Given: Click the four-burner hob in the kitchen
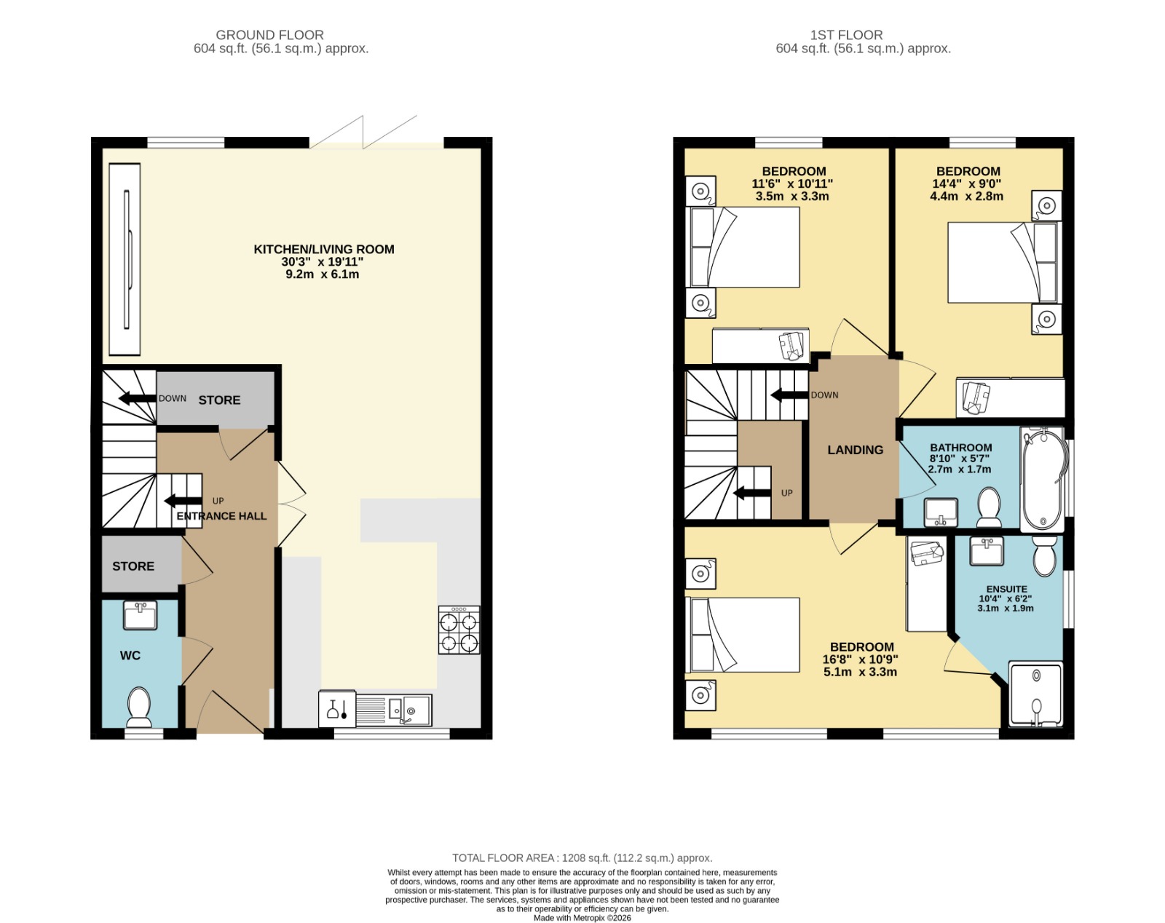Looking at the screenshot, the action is click(x=459, y=630).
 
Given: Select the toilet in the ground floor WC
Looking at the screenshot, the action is click(x=139, y=708).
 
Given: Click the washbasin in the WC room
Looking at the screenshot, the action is click(x=141, y=615).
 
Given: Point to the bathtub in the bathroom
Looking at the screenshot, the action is click(x=1042, y=478).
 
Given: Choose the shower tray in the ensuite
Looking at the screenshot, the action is click(x=1036, y=694).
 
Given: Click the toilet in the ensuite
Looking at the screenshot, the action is click(x=1044, y=556).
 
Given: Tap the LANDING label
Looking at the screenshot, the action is click(x=856, y=450).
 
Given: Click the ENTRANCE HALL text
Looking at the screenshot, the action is click(x=221, y=516).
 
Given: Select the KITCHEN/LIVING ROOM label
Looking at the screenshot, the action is click(x=324, y=250).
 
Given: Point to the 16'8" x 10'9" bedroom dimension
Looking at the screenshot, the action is click(x=860, y=659).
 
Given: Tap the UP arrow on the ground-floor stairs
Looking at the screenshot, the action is click(x=183, y=501).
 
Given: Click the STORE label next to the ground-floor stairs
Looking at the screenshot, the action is click(x=219, y=400).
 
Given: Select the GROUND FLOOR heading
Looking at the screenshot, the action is click(x=269, y=35).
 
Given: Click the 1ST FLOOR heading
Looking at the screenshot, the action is click(x=846, y=35).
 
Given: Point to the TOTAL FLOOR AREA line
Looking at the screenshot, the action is click(x=582, y=858).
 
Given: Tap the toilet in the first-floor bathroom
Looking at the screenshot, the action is click(x=989, y=507).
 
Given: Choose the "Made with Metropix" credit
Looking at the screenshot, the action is click(x=582, y=918).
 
